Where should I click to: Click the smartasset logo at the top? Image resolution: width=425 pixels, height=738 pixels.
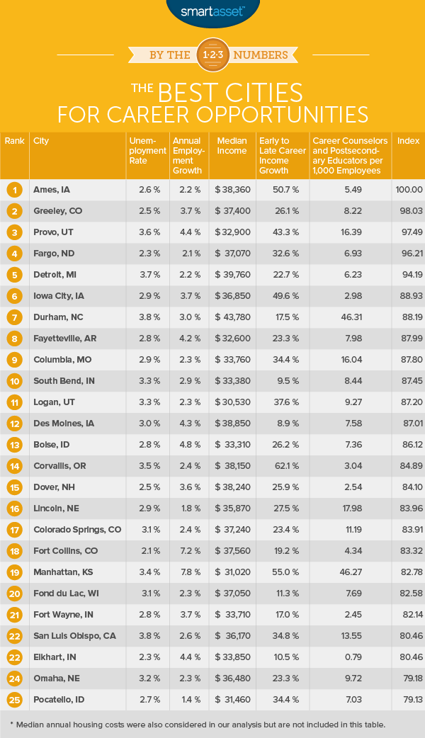point(212,11)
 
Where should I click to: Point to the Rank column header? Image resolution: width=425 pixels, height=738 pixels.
point(14,140)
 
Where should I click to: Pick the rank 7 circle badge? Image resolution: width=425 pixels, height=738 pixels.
point(14,317)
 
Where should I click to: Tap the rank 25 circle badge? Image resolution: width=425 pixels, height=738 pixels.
point(14,700)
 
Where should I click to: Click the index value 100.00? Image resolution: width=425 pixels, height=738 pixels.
point(409,190)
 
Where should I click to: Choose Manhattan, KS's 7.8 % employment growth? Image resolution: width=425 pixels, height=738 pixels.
point(187,572)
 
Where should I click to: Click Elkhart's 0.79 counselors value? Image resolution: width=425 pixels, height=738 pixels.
point(350,657)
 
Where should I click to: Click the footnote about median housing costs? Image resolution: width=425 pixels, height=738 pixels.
point(212,724)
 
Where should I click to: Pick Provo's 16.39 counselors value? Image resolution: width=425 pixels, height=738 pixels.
point(350,232)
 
